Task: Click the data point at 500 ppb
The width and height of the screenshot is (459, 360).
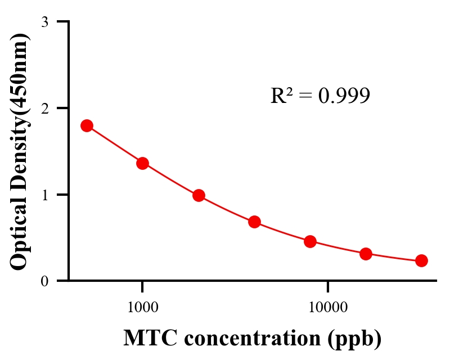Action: [87, 125]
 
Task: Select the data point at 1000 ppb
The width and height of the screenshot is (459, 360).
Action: [142, 163]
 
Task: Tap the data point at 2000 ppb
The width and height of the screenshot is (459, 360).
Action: [199, 196]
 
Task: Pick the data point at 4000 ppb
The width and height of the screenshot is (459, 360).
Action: [254, 222]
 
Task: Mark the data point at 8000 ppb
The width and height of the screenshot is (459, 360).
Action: [310, 242]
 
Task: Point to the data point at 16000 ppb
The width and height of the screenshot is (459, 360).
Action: [366, 254]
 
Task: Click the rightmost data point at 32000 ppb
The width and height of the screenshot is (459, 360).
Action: [421, 260]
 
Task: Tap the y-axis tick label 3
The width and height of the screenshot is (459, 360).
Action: [45, 22]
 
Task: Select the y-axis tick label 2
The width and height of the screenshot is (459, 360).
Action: [45, 108]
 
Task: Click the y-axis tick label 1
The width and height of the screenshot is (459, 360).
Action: [45, 195]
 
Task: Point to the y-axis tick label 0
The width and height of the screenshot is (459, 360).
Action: [45, 281]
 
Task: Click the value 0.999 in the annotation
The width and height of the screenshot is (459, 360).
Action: [344, 96]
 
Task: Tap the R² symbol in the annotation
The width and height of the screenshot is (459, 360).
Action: [281, 96]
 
